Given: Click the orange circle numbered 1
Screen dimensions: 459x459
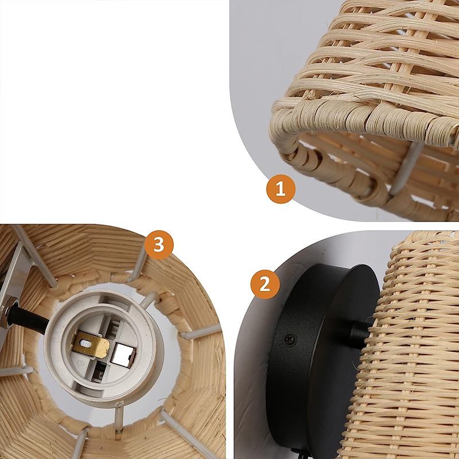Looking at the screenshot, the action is point(281,189).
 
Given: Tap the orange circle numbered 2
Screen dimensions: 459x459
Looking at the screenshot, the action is point(265,284).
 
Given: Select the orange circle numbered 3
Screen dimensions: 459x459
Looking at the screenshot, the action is point(159,245).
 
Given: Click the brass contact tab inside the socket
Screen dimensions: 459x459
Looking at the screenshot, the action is point(91,345).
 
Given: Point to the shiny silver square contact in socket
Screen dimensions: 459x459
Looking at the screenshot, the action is point(123,355).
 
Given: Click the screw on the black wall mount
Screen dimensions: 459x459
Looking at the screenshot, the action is point(290,340).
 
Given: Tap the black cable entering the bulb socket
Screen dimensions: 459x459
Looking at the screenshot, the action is point(28,319).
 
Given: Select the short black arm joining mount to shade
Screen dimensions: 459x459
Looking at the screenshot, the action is point(360,334).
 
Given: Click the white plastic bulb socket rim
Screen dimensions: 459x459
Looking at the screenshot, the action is point(104,348).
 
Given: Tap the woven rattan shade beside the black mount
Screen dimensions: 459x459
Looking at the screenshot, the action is point(410,345).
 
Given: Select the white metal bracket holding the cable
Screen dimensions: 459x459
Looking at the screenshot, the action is point(15,281).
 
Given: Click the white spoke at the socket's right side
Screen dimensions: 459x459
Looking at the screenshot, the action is point(200,333).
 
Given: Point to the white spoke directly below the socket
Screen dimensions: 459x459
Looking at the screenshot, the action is point(119,419).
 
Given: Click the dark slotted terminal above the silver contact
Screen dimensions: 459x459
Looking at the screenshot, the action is point(114,325).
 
